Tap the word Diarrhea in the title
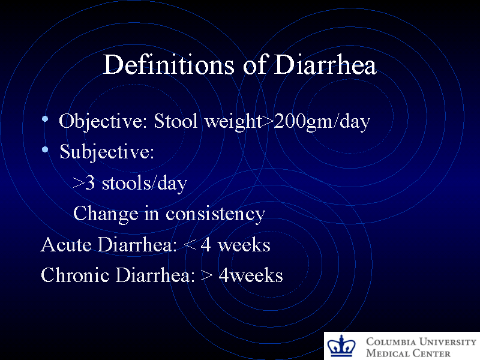click(x=325, y=65)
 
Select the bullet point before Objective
click(x=46, y=121)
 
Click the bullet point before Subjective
click(x=46, y=152)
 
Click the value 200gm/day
click(x=322, y=122)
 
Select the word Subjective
click(x=106, y=152)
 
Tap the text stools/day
click(x=144, y=183)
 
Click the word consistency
click(x=215, y=214)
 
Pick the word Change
click(x=105, y=214)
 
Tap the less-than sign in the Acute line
click(x=190, y=245)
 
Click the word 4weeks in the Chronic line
click(x=251, y=275)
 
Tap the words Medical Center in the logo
click(x=408, y=353)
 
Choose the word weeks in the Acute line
click(x=244, y=245)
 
